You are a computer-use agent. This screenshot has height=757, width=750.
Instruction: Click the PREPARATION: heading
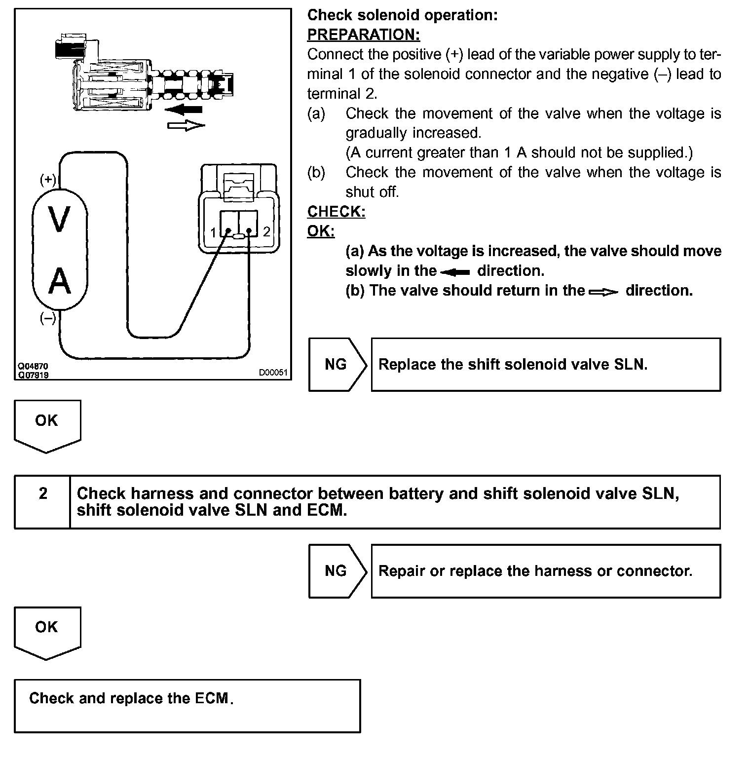363,35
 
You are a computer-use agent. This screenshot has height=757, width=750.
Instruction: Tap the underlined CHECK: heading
336,211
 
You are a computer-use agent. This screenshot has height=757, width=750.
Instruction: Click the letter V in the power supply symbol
59,220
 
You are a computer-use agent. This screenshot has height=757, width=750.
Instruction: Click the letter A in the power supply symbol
59,281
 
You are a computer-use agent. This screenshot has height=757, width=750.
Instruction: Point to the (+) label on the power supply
48,180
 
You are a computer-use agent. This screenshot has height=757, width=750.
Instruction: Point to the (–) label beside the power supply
48,319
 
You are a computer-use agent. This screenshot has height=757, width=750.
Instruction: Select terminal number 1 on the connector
213,232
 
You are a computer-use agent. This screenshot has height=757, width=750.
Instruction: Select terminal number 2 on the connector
266,232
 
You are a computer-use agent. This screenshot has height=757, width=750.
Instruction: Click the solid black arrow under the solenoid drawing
184,109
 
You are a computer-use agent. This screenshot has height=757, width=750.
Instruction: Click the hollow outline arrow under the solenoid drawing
186,126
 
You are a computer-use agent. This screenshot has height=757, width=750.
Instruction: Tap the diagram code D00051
273,373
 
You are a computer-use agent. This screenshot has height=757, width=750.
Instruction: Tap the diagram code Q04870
33,367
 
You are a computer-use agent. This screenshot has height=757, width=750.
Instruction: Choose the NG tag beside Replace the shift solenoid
336,364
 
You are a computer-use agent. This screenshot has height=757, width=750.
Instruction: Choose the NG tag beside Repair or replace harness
336,571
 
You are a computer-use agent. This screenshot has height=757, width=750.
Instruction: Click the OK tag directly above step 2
46,421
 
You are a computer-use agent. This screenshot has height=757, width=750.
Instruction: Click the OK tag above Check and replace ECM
46,627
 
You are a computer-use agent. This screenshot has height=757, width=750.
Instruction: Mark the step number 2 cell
43,493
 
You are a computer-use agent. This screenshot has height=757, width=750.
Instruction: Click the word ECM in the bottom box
212,698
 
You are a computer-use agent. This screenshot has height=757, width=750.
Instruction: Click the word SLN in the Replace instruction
630,364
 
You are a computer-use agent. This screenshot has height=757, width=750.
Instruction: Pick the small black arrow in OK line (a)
454,272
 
